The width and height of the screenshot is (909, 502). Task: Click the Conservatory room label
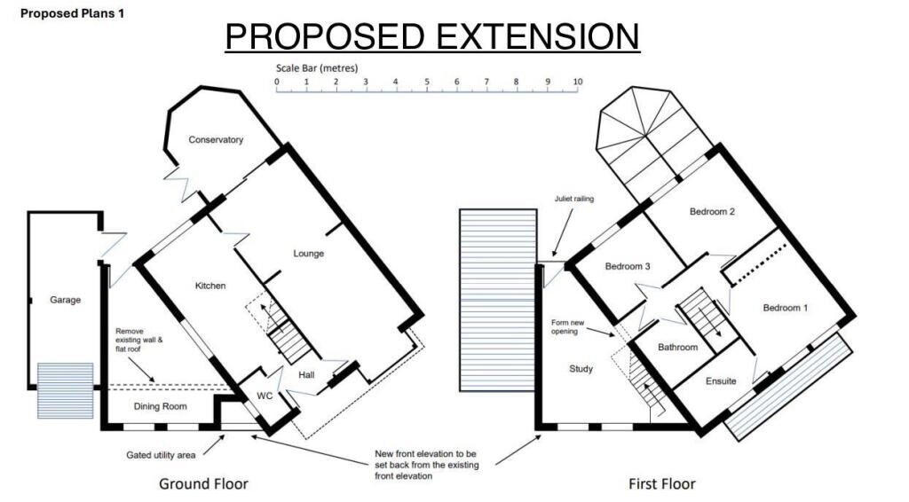click(216, 139)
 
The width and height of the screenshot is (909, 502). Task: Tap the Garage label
click(65, 300)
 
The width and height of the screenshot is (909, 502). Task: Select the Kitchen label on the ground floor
click(210, 286)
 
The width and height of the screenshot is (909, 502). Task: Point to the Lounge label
click(308, 254)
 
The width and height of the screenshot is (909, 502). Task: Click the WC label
click(265, 396)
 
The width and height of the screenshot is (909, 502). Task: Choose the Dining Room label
click(161, 406)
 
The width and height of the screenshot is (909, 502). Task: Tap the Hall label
click(306, 375)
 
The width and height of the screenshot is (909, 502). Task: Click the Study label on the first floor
click(581, 369)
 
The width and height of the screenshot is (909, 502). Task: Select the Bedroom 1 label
click(785, 308)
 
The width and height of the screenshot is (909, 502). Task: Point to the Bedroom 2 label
click(712, 212)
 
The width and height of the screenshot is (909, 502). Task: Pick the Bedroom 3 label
click(628, 266)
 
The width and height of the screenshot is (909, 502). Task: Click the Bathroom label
click(677, 348)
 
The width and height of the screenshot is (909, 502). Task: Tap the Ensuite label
click(721, 381)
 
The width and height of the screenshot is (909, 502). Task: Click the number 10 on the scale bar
click(577, 82)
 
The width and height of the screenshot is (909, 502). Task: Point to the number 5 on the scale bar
click(427, 82)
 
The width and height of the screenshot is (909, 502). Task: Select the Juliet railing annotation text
click(574, 199)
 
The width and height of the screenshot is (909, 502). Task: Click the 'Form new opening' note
click(567, 327)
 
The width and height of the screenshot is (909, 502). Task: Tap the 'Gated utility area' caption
click(161, 455)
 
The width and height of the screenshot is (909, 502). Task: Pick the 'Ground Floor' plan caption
click(203, 483)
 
